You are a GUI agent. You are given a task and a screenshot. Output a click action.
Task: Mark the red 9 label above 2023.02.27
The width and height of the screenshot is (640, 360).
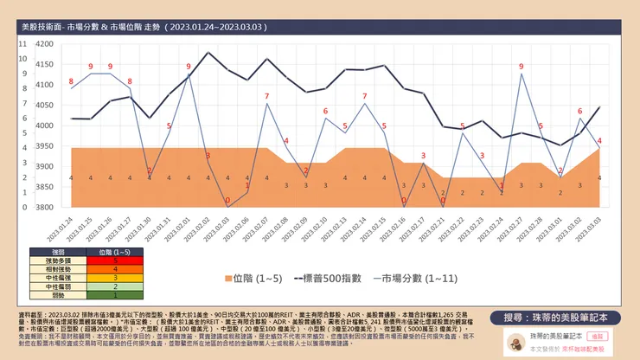(x=521, y=66)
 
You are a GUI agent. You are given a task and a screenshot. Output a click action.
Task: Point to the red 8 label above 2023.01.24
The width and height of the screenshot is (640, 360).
(x=71, y=82)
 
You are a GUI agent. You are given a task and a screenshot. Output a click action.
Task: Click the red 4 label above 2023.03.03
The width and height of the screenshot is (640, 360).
(x=599, y=140)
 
